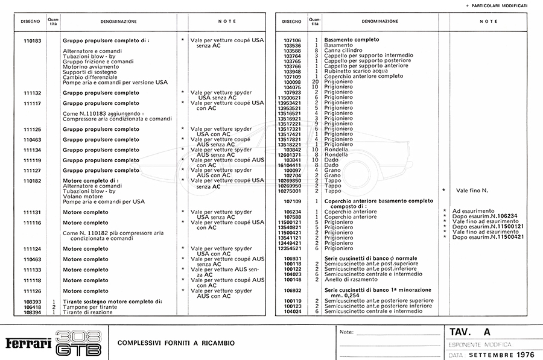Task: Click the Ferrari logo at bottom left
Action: [x=28, y=343]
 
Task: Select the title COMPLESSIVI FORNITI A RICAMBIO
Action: [x=176, y=343]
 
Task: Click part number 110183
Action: [x=32, y=40]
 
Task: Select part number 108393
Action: [x=32, y=302]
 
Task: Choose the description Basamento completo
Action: [x=352, y=40]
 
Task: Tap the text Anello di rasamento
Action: [x=351, y=279]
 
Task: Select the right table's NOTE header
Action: [x=488, y=21]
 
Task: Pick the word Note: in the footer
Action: [x=346, y=332]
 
